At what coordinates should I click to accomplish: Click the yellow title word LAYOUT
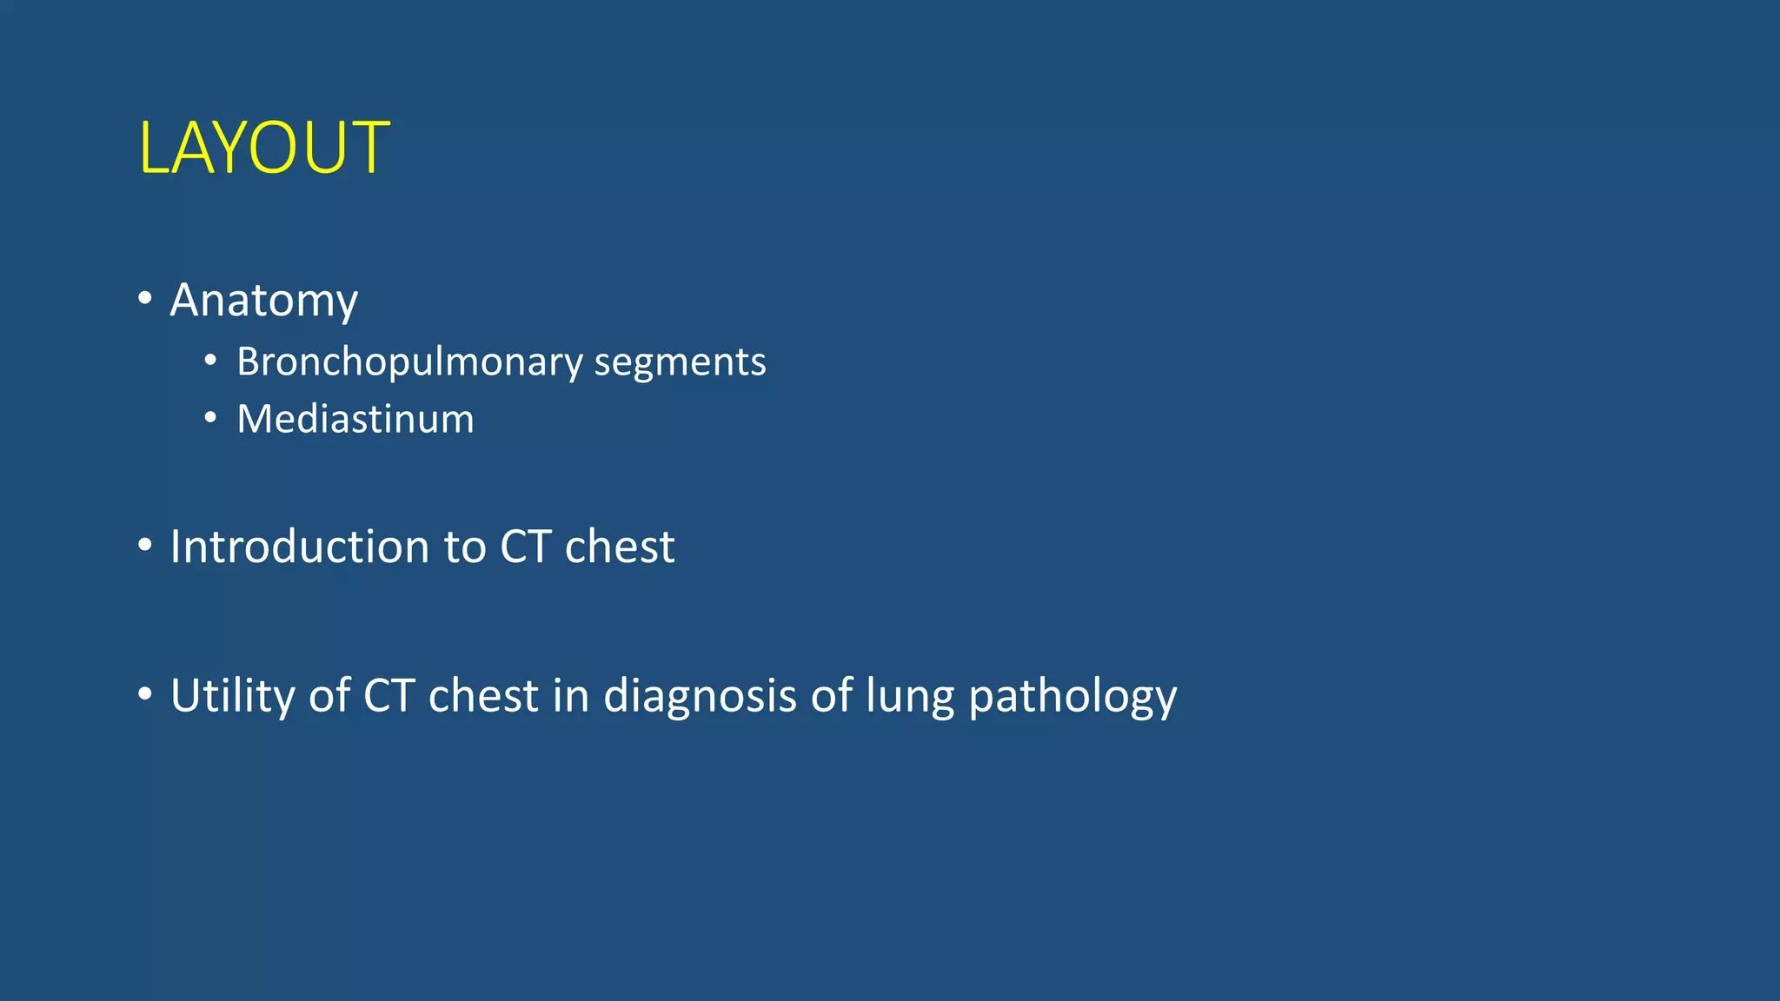(x=264, y=148)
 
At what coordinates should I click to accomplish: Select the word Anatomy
(x=263, y=301)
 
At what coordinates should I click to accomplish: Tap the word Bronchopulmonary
(x=409, y=362)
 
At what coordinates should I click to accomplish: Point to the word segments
(x=680, y=362)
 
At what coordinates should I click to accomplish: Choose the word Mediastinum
(x=355, y=419)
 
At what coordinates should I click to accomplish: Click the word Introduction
(x=300, y=547)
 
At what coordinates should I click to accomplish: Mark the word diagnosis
(x=700, y=696)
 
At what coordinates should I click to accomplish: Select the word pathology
(x=1073, y=696)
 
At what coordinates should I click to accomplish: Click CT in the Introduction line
(x=526, y=547)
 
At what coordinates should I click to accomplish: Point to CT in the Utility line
(x=389, y=696)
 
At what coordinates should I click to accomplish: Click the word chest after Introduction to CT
(x=620, y=547)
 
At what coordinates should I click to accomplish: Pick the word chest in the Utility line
(x=483, y=696)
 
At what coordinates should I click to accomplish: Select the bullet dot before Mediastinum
(x=210, y=419)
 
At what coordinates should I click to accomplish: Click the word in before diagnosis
(x=571, y=696)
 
